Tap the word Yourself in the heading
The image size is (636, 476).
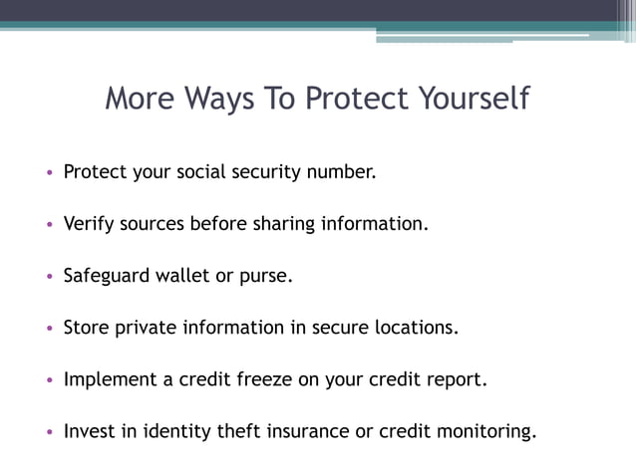coord(470,100)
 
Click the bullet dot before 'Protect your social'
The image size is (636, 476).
coord(49,172)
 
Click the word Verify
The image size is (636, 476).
coord(88,224)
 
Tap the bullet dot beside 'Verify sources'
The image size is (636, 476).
coord(49,225)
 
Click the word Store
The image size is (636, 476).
coord(85,328)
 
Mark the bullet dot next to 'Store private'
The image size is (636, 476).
coord(49,329)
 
